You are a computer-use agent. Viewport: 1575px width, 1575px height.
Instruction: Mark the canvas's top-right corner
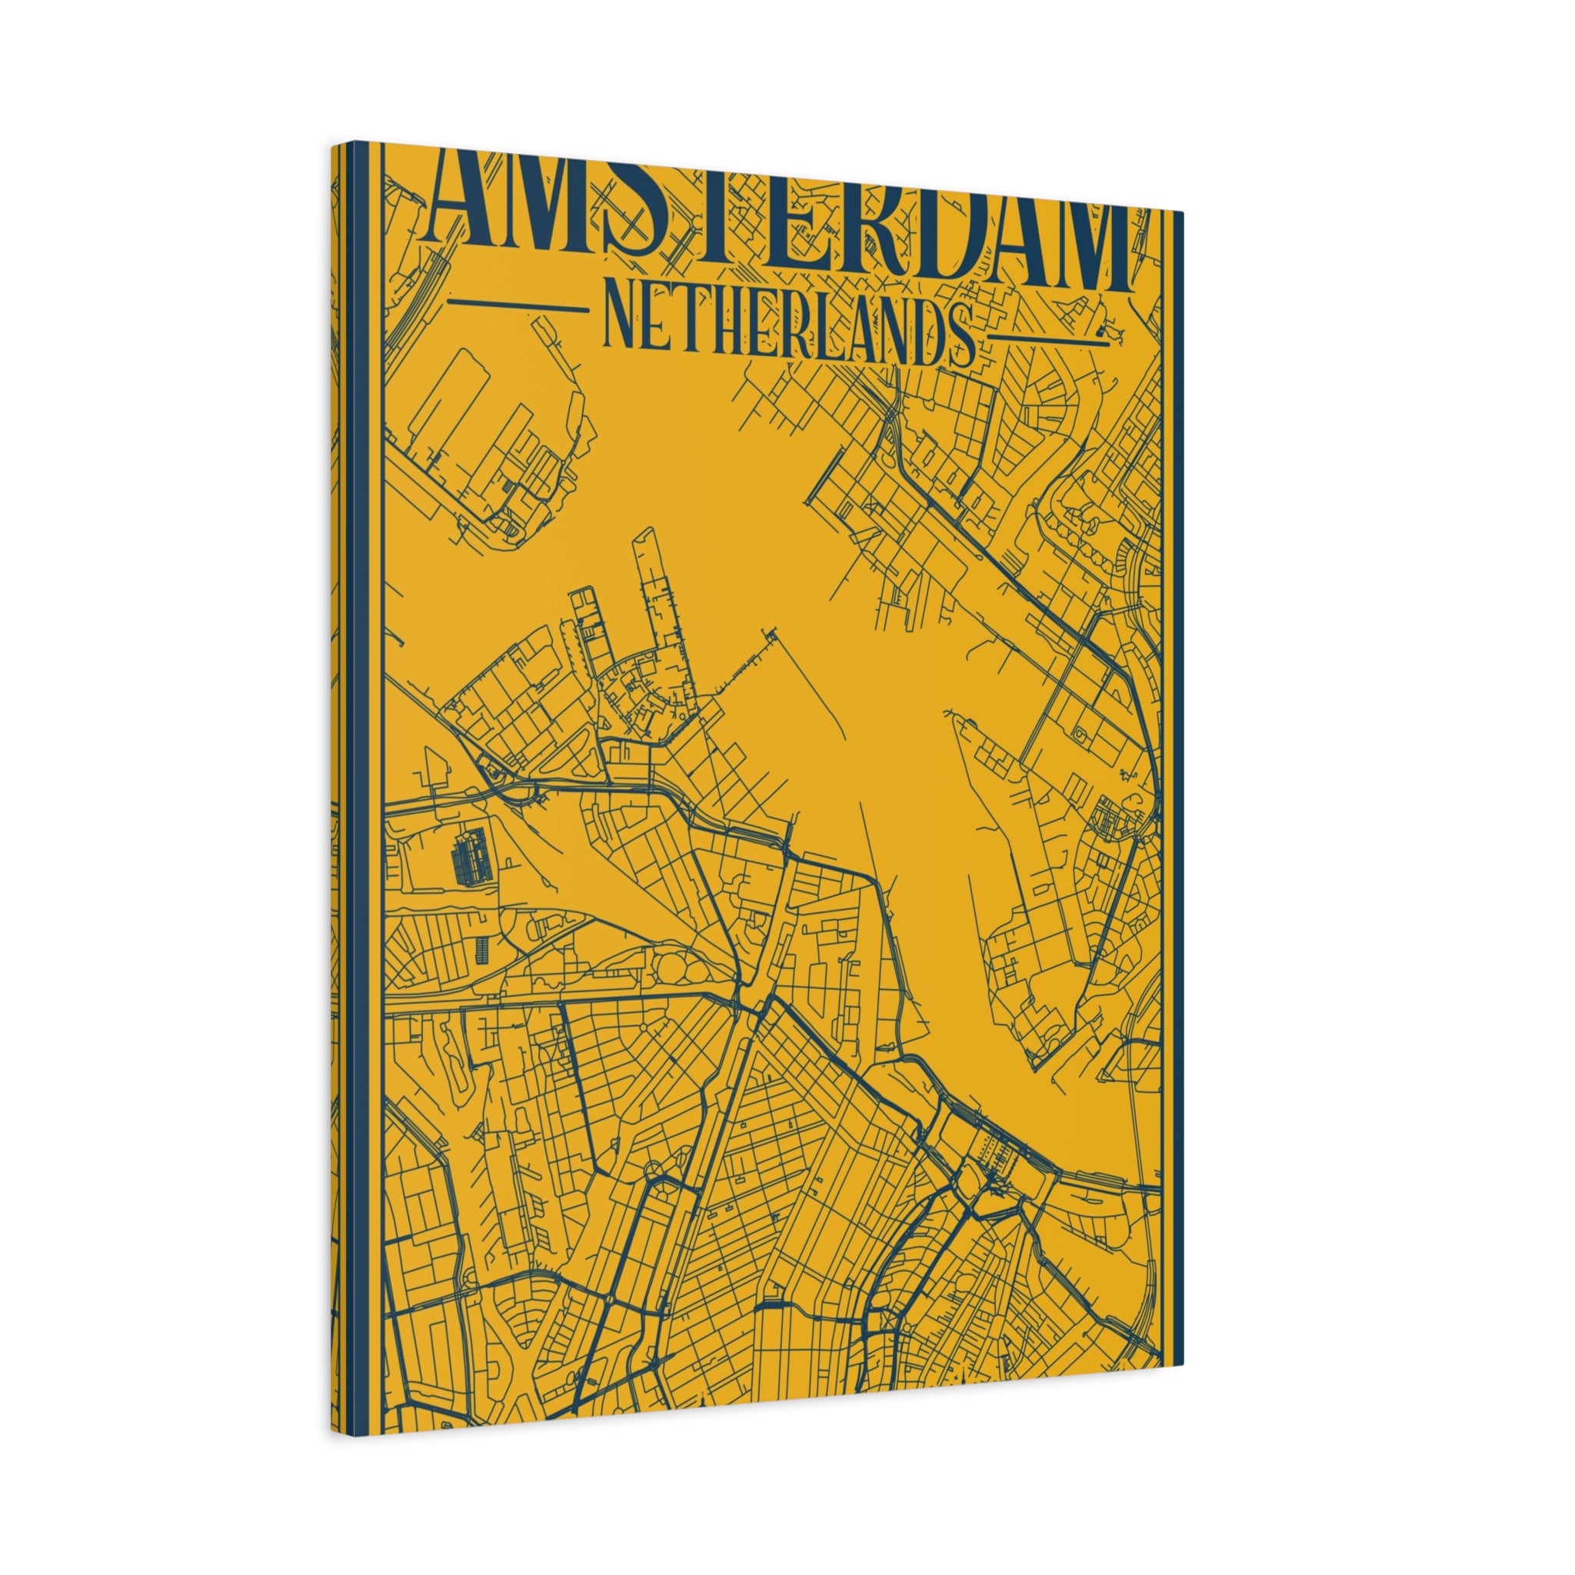click(1183, 210)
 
